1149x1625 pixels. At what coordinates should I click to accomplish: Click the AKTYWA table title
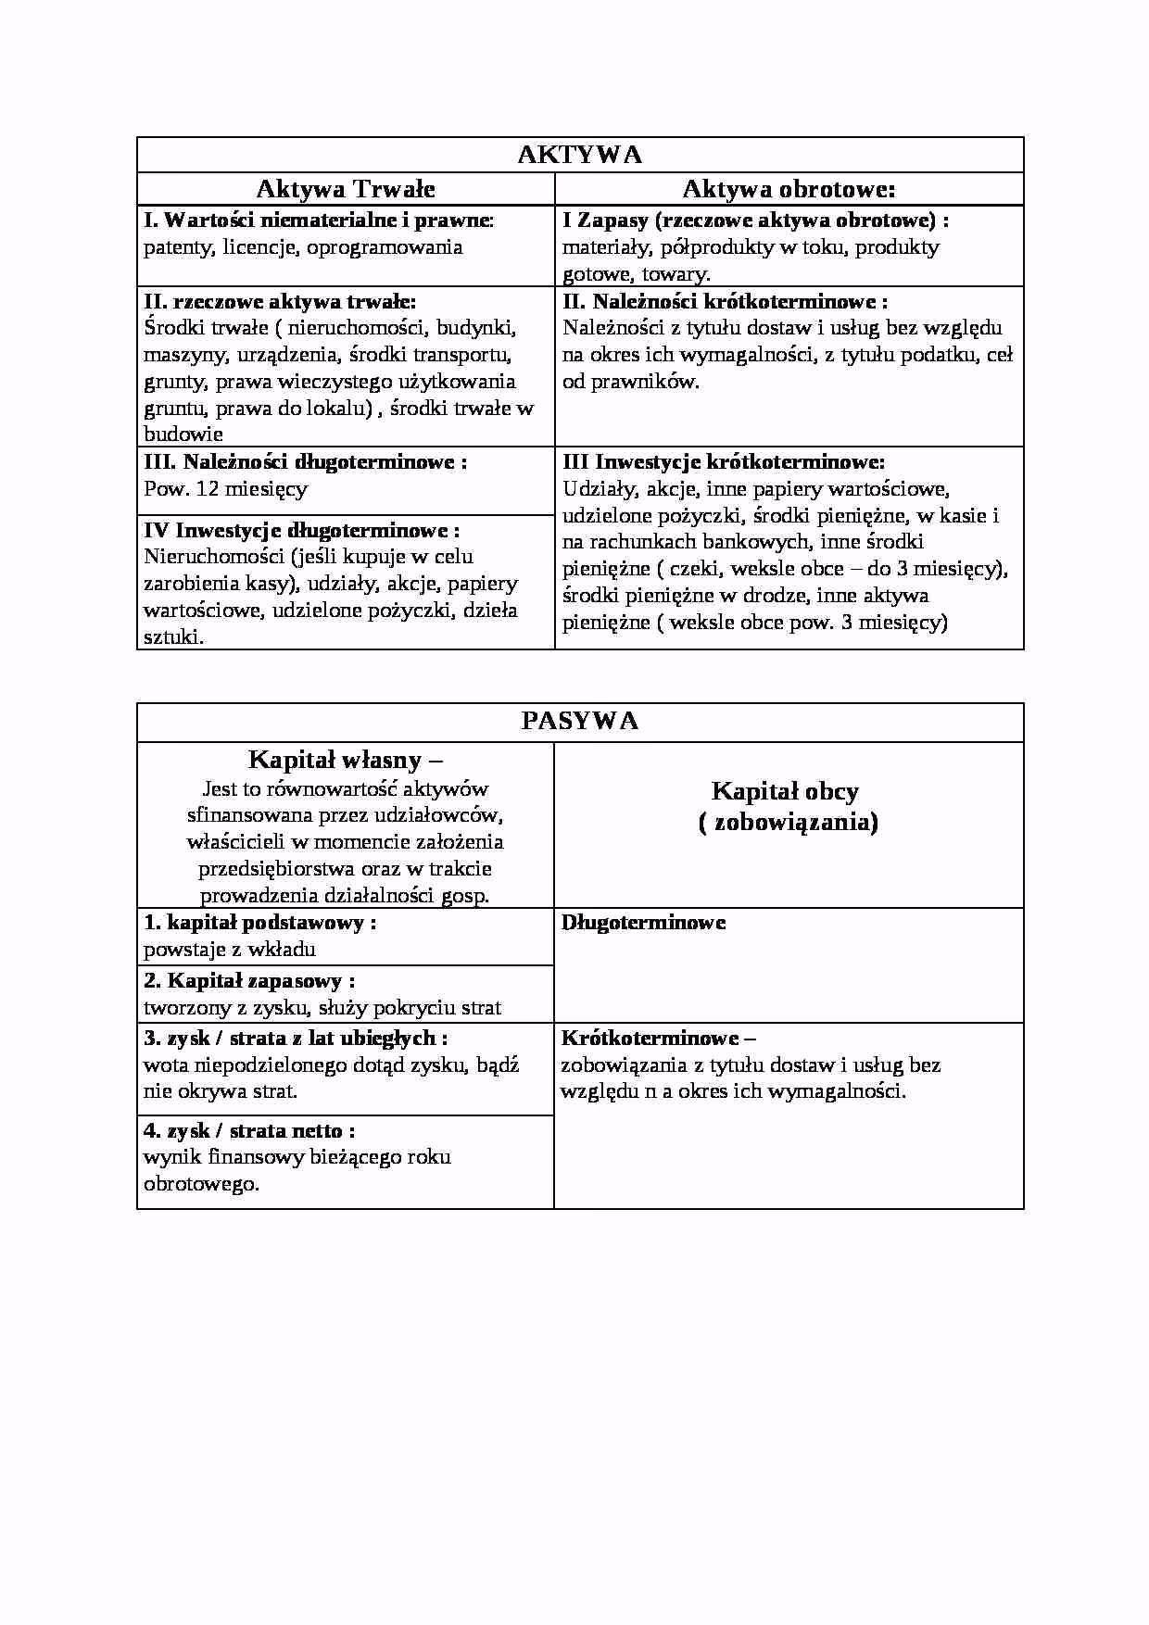580,155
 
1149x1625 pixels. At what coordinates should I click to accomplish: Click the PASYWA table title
580,722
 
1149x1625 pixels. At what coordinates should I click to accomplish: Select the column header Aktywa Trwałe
346,189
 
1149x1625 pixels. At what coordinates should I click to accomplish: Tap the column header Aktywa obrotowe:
789,189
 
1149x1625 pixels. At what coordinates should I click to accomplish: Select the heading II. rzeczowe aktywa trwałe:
280,301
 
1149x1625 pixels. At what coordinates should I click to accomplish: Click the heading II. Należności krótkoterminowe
725,301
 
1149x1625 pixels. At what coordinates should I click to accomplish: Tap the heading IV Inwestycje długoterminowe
302,530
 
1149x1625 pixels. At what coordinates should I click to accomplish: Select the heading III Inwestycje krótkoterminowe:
724,461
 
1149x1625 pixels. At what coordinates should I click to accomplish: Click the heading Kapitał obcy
785,791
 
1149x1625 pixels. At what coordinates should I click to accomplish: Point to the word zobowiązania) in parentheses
795,822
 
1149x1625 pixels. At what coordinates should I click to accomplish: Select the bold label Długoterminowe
644,923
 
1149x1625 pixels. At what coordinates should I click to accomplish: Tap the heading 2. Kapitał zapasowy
248,981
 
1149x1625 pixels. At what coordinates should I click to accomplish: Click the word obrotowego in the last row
200,1184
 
